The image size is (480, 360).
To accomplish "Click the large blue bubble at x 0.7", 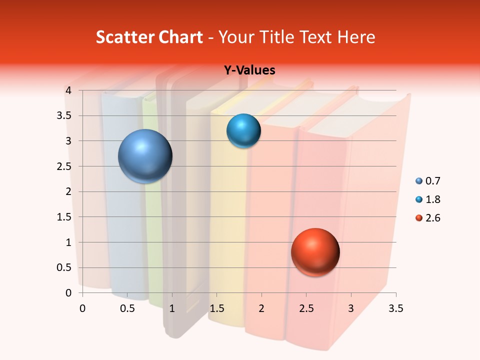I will pyautogui.click(x=145, y=156).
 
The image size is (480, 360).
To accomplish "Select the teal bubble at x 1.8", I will pyautogui.click(x=243, y=130).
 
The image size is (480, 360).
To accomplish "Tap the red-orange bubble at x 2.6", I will pyautogui.click(x=315, y=252).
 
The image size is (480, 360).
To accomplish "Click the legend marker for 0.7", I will pyautogui.click(x=419, y=181).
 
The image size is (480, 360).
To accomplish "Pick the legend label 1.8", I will pyautogui.click(x=432, y=199).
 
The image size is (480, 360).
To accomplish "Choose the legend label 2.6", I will pyautogui.click(x=432, y=218).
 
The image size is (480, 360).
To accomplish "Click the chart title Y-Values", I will pyautogui.click(x=249, y=70).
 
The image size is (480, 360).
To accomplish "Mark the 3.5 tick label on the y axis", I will pyautogui.click(x=64, y=115).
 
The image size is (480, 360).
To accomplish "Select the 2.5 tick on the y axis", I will pyautogui.click(x=64, y=166).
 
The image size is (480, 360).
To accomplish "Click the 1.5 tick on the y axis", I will pyautogui.click(x=64, y=217).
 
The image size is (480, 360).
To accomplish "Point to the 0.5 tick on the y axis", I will pyautogui.click(x=64, y=267).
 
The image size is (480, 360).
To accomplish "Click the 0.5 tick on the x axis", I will pyautogui.click(x=127, y=308).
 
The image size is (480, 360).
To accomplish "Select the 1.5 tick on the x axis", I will pyautogui.click(x=216, y=308).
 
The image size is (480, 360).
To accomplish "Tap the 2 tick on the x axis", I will pyautogui.click(x=261, y=308).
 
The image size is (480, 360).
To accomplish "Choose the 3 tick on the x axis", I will pyautogui.click(x=351, y=308).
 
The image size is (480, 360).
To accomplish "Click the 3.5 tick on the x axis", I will pyautogui.click(x=395, y=308).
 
